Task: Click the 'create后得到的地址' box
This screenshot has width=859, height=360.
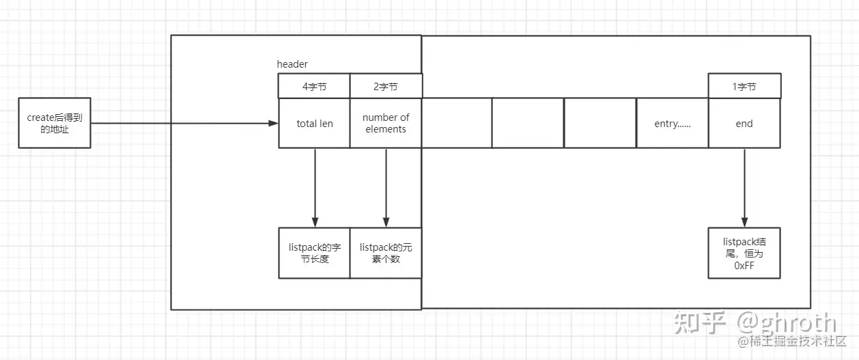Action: tap(54, 123)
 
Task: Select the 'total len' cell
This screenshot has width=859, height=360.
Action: tap(314, 124)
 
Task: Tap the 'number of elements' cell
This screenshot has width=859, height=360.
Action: tap(386, 124)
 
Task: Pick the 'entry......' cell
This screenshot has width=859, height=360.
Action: tap(672, 124)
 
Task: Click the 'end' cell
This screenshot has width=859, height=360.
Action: tap(744, 124)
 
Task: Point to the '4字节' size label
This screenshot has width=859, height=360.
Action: tap(314, 87)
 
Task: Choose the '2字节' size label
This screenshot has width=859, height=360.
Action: tap(386, 87)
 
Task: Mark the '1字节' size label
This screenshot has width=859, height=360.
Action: tap(744, 87)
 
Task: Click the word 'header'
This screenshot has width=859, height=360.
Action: tap(292, 64)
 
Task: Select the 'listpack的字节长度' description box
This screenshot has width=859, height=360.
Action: tap(314, 253)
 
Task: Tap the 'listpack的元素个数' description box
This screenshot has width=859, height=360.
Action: tap(386, 253)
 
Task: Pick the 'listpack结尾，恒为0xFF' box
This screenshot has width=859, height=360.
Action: tap(744, 253)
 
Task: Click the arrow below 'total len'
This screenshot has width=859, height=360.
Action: tap(315, 187)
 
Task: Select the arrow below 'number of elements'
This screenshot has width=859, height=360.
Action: tap(386, 187)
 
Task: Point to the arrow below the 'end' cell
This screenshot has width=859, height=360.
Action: tap(744, 187)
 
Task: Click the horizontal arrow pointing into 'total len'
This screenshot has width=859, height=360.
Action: tap(184, 124)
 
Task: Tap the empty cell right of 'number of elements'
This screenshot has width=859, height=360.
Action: tap(457, 124)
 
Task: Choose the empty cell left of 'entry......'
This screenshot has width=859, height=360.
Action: tap(600, 124)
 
